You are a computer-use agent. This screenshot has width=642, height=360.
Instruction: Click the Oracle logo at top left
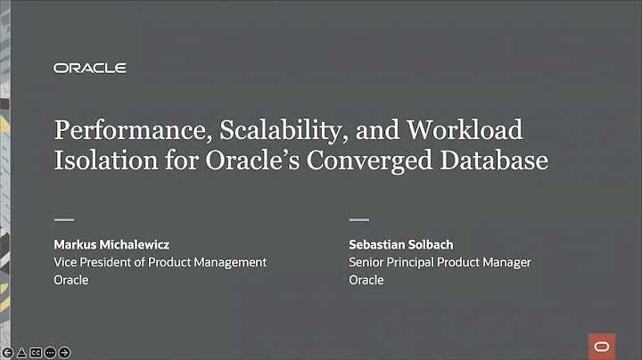point(90,68)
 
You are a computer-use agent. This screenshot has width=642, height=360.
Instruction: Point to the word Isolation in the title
point(99,164)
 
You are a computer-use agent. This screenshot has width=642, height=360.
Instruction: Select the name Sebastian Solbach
point(402,243)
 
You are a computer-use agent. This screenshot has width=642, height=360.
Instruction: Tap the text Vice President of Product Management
point(160,262)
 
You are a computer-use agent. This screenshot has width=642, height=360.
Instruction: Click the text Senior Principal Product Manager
point(440,262)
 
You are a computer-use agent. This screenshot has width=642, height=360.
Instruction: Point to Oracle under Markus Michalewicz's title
point(71,280)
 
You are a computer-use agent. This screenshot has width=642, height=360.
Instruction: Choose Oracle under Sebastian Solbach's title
point(366,280)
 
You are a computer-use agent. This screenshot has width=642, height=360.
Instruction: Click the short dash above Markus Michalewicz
point(64,219)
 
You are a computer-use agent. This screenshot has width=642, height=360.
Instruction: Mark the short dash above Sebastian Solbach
point(358,219)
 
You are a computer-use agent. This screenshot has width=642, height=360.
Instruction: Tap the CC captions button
point(36,352)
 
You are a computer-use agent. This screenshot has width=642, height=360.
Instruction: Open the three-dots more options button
point(50,352)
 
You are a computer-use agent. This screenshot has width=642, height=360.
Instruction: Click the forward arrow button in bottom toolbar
point(64,352)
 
